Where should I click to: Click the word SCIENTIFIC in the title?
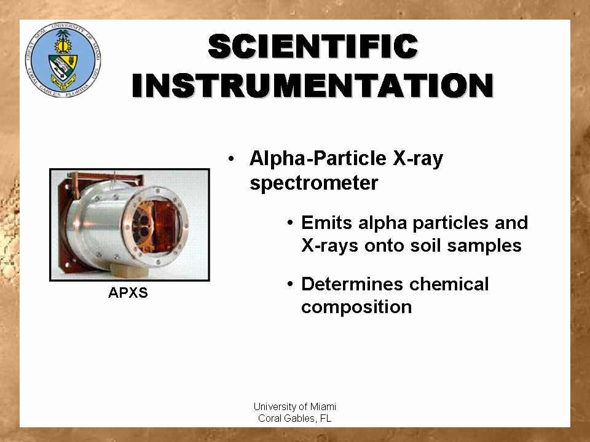pos(313,46)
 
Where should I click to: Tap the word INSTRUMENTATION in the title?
pos(313,85)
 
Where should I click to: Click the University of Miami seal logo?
pos(63,60)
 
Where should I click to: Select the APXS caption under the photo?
pos(128,292)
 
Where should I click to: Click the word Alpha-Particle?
pos(318,158)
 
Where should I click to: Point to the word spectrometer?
pos(314,183)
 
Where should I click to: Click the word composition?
pos(356,308)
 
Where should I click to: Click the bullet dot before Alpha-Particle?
pos(231,158)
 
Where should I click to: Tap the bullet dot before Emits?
pos(289,222)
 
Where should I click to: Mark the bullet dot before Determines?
pos(289,284)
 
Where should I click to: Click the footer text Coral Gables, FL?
pos(294,418)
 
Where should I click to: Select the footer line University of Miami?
pos(294,406)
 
